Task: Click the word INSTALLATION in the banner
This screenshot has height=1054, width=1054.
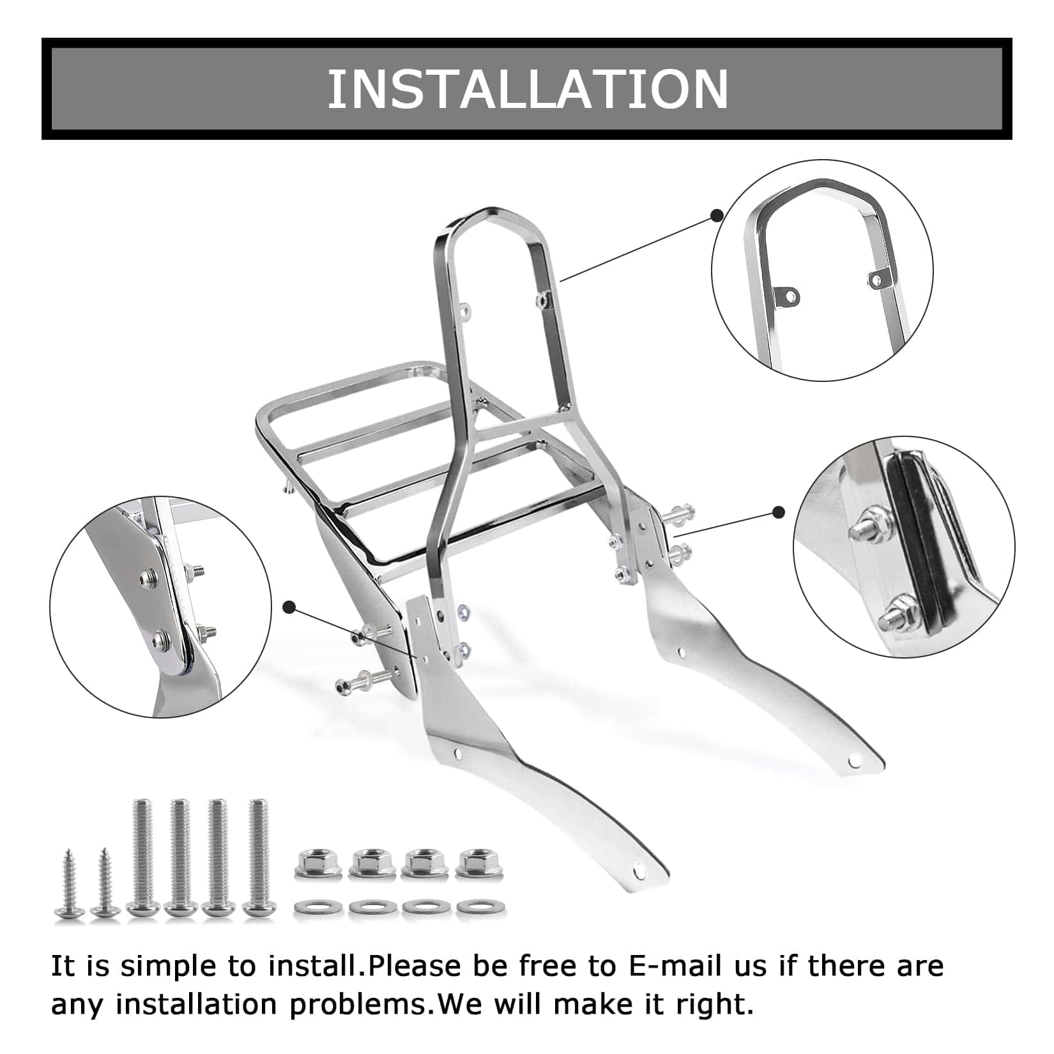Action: (x=528, y=89)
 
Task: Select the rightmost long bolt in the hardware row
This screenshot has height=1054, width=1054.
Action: (x=257, y=856)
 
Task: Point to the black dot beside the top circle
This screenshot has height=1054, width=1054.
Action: (x=717, y=215)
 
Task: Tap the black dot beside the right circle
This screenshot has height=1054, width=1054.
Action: (x=779, y=512)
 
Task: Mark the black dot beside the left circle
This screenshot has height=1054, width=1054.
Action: (x=290, y=608)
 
